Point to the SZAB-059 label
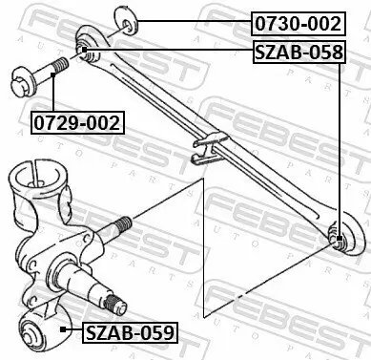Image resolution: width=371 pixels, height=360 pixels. pos(129,333)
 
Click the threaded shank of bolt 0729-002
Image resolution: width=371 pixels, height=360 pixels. pos(54,66)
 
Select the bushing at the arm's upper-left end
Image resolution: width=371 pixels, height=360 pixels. pos(85,49)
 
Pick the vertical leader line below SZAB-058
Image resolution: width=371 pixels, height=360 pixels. pos(340,143)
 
